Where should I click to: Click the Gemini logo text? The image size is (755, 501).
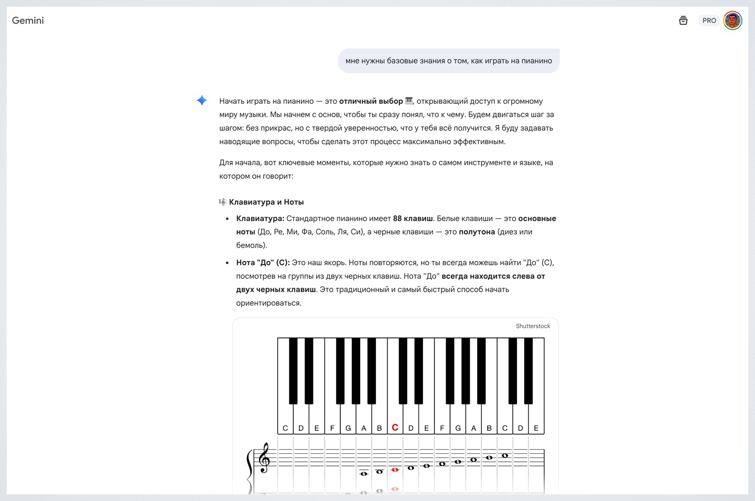point(28,20)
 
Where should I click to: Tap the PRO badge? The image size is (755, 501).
point(709,20)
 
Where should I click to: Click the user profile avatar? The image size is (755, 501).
point(732,20)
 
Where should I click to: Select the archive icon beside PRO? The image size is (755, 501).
point(683,20)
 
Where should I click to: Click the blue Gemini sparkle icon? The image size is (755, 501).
point(202,101)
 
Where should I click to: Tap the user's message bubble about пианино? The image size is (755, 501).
point(448,61)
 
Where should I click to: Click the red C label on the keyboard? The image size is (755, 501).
point(395,428)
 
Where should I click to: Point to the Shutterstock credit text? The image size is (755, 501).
point(533,326)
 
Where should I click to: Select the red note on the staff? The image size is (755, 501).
point(395,470)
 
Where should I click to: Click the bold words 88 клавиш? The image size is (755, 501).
point(413,219)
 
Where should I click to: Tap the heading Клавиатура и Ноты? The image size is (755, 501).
point(266,202)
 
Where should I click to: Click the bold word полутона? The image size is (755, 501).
point(477,232)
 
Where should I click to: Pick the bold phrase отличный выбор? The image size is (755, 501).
point(371,101)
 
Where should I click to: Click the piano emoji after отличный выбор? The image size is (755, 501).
point(409,101)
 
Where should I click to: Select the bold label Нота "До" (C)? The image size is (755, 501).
point(263,263)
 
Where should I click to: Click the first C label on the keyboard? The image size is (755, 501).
point(285,428)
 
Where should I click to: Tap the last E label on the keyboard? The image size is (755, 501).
point(536,428)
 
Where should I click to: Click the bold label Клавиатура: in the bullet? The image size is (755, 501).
point(260,219)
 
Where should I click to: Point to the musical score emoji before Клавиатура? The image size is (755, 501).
point(223,202)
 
